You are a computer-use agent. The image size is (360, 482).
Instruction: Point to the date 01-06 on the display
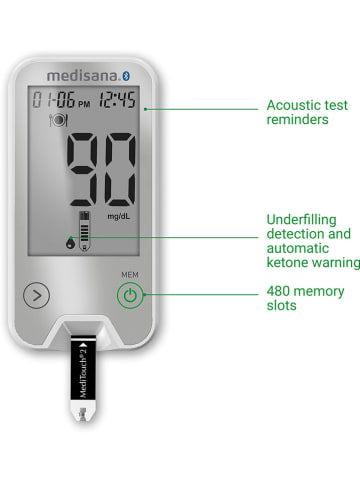51,100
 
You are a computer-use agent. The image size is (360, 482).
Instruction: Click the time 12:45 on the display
118,100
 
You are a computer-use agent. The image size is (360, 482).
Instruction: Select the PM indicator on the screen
83,103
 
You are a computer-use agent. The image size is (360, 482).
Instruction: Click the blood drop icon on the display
67,239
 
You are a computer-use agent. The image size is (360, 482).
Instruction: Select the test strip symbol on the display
83,230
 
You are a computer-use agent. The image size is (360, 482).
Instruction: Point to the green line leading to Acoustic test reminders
200,105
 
